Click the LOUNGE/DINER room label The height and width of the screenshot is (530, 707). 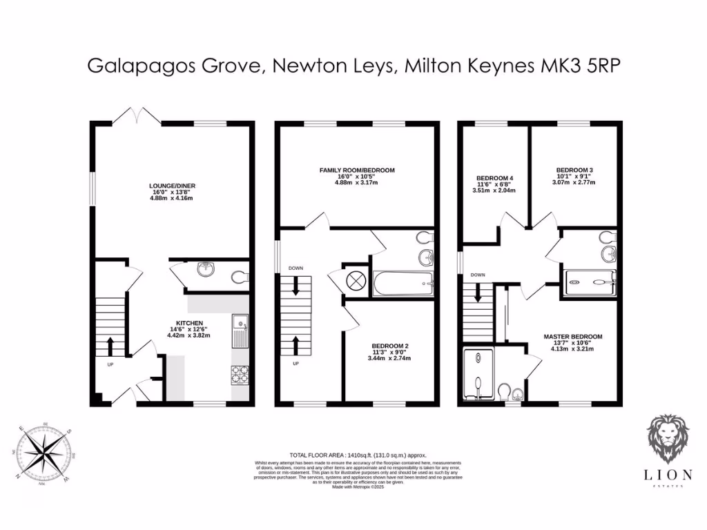(171, 186)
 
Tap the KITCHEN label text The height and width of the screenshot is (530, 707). (188, 322)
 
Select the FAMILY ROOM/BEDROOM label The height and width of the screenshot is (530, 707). (356, 170)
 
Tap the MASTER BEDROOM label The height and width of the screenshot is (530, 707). (577, 337)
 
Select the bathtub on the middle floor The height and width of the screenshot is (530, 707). (403, 283)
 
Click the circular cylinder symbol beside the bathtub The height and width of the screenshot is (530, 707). (357, 280)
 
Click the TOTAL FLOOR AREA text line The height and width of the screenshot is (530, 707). (358, 455)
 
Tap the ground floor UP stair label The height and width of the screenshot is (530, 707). (109, 364)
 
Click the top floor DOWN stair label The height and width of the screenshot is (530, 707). (477, 275)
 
